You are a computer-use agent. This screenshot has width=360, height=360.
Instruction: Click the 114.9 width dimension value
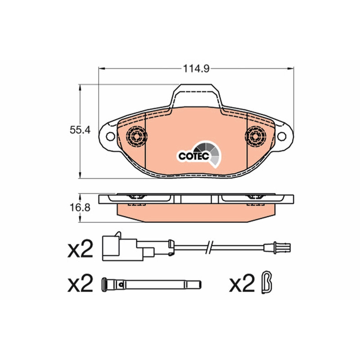click(x=196, y=68)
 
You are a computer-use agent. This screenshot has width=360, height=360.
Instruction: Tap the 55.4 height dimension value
click(x=80, y=130)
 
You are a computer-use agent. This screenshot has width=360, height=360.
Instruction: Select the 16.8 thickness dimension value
click(x=80, y=208)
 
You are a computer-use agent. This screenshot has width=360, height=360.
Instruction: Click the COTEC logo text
click(x=194, y=156)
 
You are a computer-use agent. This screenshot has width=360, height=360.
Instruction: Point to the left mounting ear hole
click(x=110, y=136)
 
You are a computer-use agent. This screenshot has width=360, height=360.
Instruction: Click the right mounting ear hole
click(x=282, y=136)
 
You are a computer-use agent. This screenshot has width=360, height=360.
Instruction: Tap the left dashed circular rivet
click(x=137, y=136)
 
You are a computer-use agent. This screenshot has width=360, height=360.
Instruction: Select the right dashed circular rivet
click(x=256, y=136)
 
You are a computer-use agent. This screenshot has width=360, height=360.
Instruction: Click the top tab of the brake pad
click(x=196, y=95)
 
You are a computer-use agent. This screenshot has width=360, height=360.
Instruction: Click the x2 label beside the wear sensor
click(x=81, y=249)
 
